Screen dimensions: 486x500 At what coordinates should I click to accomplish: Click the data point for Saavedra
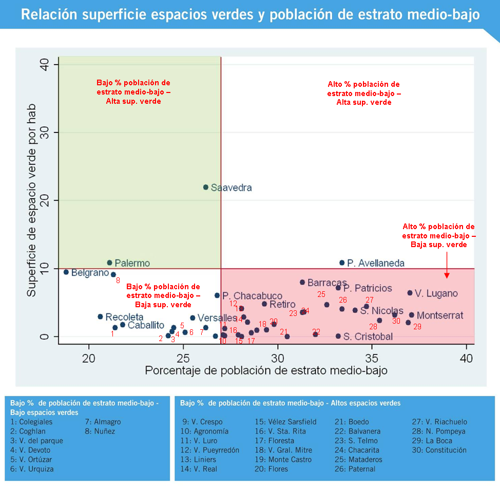(x=206, y=188)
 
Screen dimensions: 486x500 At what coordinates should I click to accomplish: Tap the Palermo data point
(x=109, y=263)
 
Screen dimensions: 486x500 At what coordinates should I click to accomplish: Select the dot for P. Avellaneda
(x=342, y=263)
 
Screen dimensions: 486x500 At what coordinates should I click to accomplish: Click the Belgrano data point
(x=66, y=272)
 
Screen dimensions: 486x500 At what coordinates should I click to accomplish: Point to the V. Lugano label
(x=436, y=293)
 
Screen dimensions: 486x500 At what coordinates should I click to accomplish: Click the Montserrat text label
(x=440, y=315)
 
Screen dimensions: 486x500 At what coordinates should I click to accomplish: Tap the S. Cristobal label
(x=368, y=337)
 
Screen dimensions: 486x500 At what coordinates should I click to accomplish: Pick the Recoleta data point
(x=101, y=316)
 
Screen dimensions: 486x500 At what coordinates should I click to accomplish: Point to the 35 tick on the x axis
(x=372, y=357)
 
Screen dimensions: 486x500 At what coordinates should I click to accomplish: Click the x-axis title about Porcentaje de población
(x=266, y=370)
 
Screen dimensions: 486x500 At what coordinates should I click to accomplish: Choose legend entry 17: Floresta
(x=274, y=440)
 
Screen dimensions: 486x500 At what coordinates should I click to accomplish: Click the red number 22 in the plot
(x=316, y=331)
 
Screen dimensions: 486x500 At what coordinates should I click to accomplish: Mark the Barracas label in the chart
(x=327, y=283)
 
